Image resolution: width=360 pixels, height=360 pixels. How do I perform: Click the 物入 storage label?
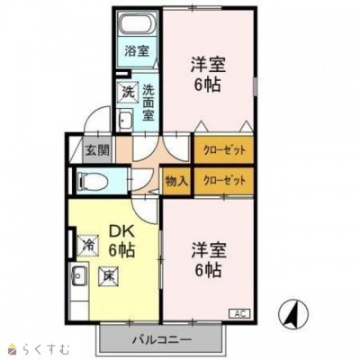click(x=175, y=181)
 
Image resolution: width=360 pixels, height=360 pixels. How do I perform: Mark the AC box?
click(x=240, y=313)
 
